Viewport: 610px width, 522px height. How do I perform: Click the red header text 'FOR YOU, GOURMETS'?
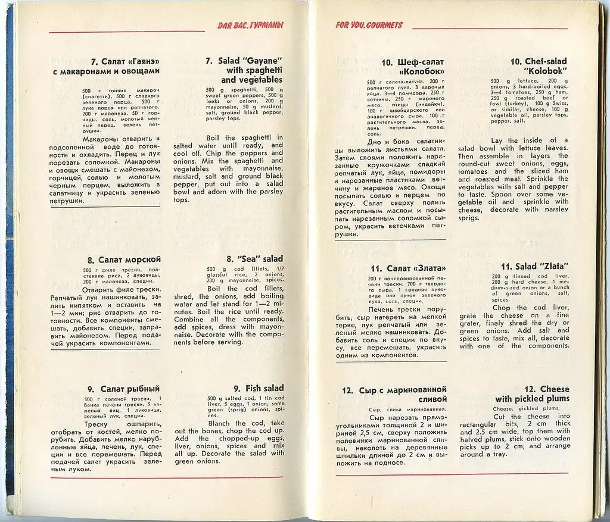[x=369, y=25]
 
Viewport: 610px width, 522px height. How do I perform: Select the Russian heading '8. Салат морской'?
[x=124, y=260]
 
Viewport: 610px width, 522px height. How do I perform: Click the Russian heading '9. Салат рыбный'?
[x=124, y=389]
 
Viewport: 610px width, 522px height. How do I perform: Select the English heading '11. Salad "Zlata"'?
[x=534, y=266]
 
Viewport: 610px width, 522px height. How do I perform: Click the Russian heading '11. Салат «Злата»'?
[x=407, y=268]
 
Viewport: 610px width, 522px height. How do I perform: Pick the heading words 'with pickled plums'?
[x=532, y=399]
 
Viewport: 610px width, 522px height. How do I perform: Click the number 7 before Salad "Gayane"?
[x=208, y=61]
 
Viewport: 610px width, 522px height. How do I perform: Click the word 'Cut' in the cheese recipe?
[x=499, y=417]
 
